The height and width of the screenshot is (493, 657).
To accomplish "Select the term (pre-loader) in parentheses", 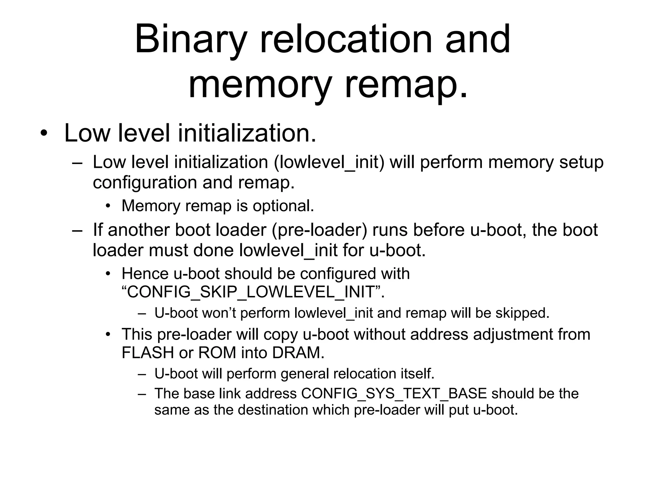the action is [x=319, y=230].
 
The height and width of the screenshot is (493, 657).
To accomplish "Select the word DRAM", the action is [x=298, y=353].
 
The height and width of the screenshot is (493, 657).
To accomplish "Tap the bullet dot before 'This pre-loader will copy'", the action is [x=108, y=335].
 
